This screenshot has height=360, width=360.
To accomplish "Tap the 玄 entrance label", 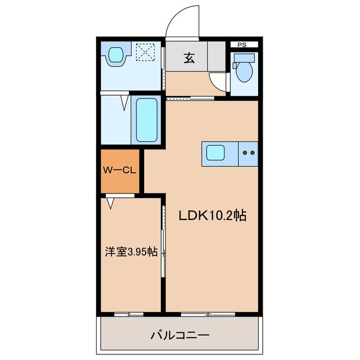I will click(187, 57).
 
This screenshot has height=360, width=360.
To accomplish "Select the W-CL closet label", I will click(119, 169).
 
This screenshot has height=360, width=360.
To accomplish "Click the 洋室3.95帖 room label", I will click(130, 252).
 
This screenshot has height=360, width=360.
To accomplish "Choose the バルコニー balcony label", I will click(179, 335).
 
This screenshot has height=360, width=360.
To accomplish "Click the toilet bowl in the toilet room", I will click(244, 72).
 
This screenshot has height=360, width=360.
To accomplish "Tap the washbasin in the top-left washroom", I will click(115, 55).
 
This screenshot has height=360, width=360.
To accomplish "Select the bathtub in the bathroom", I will click(147, 120).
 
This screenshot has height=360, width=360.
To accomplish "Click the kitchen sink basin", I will click(215, 152).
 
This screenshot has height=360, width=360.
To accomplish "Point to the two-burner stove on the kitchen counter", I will click(248, 152).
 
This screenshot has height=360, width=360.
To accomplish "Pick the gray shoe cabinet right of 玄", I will click(216, 56).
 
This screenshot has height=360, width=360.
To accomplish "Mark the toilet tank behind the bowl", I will click(244, 57).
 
